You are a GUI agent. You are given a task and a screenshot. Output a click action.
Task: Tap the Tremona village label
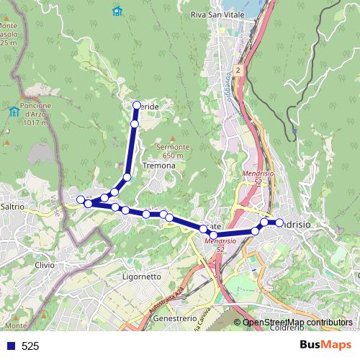point(159,166)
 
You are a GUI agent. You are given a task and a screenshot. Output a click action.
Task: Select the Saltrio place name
point(13,207)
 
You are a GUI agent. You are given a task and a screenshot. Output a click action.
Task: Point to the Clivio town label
point(44,265)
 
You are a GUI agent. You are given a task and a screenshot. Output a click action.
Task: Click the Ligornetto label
point(142,276)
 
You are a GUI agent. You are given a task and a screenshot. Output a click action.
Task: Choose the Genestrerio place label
point(175,318)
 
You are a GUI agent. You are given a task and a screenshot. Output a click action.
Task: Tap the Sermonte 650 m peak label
point(173,150)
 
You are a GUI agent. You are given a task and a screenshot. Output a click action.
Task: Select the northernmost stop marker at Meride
point(136,106)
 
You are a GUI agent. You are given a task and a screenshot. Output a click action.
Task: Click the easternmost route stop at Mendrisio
point(279,223)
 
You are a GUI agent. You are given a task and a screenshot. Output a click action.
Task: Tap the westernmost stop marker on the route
point(81,199)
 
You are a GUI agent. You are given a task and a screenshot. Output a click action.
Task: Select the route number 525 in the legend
point(30,346)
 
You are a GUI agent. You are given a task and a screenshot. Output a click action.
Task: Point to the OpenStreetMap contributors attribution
point(297,323)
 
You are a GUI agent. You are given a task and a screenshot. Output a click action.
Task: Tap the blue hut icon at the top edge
point(117,11)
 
